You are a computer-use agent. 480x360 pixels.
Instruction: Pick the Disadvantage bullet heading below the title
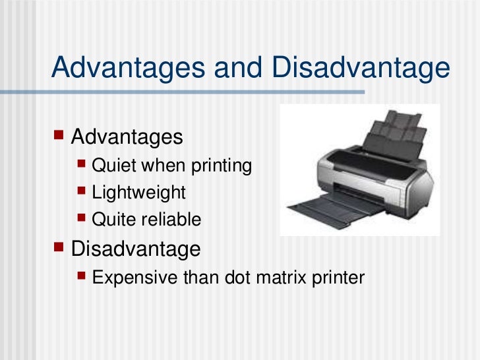tap(135, 249)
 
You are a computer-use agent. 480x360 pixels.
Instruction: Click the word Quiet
tap(114, 165)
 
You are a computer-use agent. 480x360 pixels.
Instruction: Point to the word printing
tap(222, 166)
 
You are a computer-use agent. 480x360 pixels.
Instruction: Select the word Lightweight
tap(139, 193)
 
